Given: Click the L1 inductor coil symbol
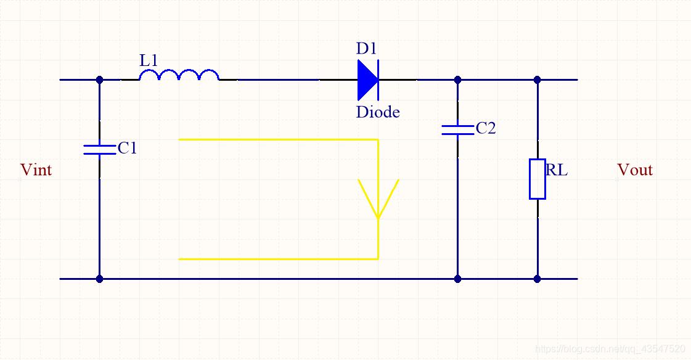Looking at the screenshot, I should pos(179,75).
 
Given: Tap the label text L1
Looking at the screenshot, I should pos(149,60).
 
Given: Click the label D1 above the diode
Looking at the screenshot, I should pos(366,48).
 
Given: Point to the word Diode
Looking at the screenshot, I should pos(378,112).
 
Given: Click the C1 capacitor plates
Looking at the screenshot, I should pos(99,148).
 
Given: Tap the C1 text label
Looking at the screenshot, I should pos(127,148).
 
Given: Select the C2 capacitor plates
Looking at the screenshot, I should pos(457,129).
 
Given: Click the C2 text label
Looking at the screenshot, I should pos(486,128).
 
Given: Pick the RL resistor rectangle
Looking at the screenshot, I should pos(537,179).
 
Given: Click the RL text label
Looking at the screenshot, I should pos(556,170).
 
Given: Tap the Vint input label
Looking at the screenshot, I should pos(36,170).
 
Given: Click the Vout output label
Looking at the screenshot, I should pos(634,170).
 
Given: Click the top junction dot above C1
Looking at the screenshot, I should pos(99,80).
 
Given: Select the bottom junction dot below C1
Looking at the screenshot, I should pos(99,279).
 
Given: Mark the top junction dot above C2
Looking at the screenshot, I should pos(457,80).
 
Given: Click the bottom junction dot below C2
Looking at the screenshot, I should pos(457,279).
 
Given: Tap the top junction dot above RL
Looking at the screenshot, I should pos(537,80).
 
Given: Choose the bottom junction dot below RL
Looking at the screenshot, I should pos(537,279).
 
